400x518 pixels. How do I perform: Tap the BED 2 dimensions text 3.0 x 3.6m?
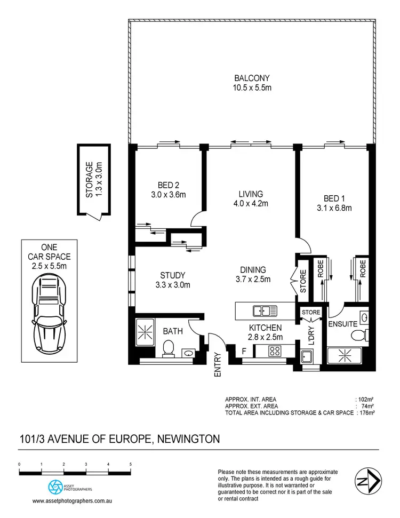(167, 195)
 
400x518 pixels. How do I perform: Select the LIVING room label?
(251, 194)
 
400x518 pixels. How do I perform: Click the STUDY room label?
(172, 275)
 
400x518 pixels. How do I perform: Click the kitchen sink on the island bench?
(265, 310)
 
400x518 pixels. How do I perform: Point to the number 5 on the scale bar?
(131, 464)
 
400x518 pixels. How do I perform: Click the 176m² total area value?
(365, 412)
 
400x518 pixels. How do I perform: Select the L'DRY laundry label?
(311, 337)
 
